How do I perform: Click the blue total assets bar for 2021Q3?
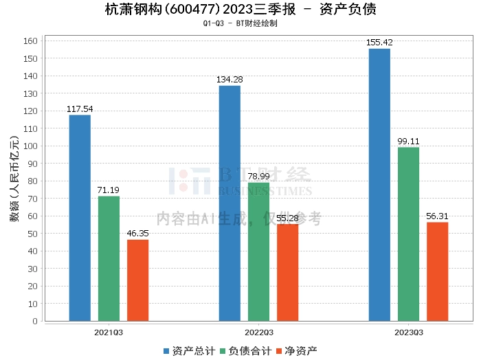pyautogui.click(x=80, y=218)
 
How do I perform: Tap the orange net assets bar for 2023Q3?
pyautogui.click(x=437, y=271)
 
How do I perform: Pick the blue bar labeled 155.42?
pyautogui.click(x=379, y=185)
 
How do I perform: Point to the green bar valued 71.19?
pyautogui.click(x=109, y=258)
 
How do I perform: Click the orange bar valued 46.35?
pyautogui.click(x=137, y=280)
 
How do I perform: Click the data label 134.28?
pyautogui.click(x=230, y=80)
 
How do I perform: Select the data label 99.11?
pyautogui.click(x=408, y=142)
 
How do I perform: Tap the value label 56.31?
pyautogui.click(x=437, y=216)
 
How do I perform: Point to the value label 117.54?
pyautogui.click(x=80, y=109)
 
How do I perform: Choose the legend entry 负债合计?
pyautogui.click(x=244, y=351)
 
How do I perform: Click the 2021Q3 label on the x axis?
pyautogui.click(x=109, y=332)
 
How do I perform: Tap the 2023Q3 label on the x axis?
pyautogui.click(x=408, y=332)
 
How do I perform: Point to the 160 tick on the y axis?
pyautogui.click(x=30, y=41)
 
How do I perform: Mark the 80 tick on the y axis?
pyautogui.click(x=32, y=181)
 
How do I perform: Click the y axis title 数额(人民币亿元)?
pyautogui.click(x=14, y=181)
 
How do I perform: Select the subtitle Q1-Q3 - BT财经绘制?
pyautogui.click(x=240, y=24)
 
